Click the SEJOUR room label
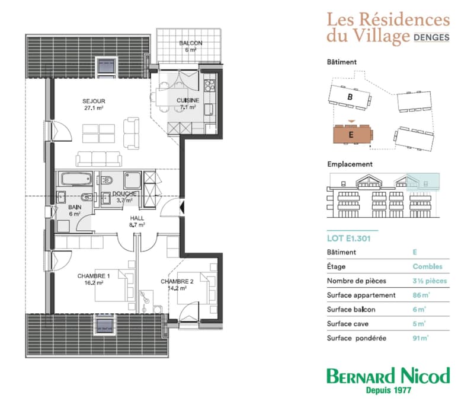click(x=94, y=101)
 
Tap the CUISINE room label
click(x=188, y=100)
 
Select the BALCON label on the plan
click(x=191, y=43)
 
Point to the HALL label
click(x=137, y=218)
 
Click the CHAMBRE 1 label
click(x=94, y=276)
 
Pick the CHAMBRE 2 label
click(x=177, y=281)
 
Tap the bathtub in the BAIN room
click(x=76, y=179)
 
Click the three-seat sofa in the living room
click(x=99, y=158)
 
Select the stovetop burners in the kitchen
click(x=210, y=85)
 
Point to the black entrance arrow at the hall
click(x=182, y=207)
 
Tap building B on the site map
click(x=350, y=97)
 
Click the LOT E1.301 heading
click(x=348, y=238)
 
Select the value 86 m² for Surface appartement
click(x=421, y=295)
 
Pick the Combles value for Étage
click(x=427, y=266)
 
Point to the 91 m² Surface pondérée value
click(x=421, y=338)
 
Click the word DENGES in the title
click(x=431, y=37)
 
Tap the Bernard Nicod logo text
click(x=388, y=376)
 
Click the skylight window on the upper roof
click(x=106, y=66)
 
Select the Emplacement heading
click(x=350, y=164)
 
